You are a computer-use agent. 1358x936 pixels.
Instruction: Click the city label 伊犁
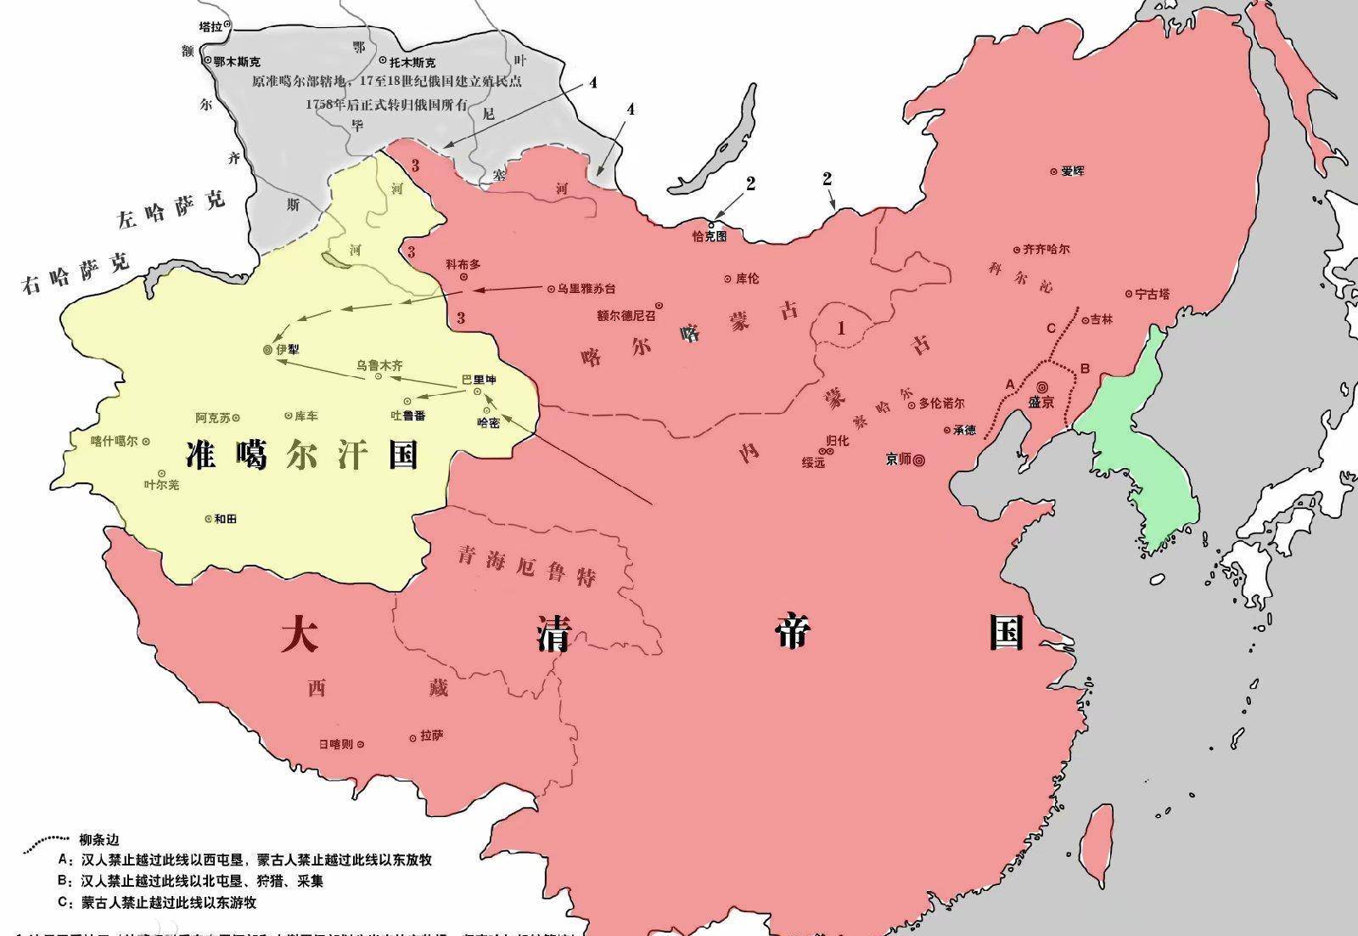point(288,349)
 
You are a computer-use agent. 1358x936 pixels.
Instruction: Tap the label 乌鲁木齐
point(379,365)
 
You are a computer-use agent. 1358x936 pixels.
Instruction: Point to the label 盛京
point(1041,402)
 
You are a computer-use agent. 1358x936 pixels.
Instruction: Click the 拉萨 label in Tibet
point(431,736)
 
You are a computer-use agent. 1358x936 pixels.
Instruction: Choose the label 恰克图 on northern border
point(710,236)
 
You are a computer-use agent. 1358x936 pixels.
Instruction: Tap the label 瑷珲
point(1072,171)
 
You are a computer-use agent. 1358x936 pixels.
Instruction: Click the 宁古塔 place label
point(1153,294)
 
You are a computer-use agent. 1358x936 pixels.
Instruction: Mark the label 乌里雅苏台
point(586,289)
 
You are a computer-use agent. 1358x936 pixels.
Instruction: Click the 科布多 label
point(463,264)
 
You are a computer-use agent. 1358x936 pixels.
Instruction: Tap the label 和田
point(225,518)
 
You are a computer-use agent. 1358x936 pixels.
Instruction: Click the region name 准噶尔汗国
point(302,456)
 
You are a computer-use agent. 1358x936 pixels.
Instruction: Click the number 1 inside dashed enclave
point(841,327)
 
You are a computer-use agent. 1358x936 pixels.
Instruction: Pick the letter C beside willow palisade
point(1051,329)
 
